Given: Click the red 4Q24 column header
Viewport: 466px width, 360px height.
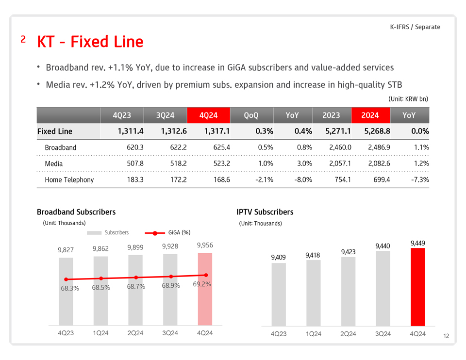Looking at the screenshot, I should pyautogui.click(x=208, y=115).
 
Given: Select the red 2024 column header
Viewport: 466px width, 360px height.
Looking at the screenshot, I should pyautogui.click(x=370, y=115).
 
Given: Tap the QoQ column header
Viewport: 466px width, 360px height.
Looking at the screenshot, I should pyautogui.click(x=251, y=115).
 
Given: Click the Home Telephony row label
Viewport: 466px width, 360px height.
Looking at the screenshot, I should pyautogui.click(x=69, y=180).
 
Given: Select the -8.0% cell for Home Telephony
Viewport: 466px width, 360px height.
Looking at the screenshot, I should pyautogui.click(x=301, y=180).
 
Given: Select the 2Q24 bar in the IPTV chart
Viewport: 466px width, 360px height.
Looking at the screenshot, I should pyautogui.click(x=348, y=291).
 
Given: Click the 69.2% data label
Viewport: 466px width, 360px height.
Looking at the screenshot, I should pyautogui.click(x=202, y=284).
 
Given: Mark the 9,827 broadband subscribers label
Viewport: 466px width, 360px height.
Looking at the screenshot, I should pyautogui.click(x=66, y=250).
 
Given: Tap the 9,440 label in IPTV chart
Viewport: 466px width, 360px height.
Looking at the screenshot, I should pyautogui.click(x=383, y=246).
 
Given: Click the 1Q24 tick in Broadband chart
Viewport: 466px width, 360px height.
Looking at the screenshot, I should pyautogui.click(x=100, y=333).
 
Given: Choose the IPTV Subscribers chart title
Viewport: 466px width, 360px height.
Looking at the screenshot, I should pyautogui.click(x=265, y=212).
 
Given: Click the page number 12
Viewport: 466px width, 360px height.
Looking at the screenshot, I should pyautogui.click(x=446, y=336).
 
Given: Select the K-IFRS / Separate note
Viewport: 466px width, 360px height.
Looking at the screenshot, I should pyautogui.click(x=415, y=27).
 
